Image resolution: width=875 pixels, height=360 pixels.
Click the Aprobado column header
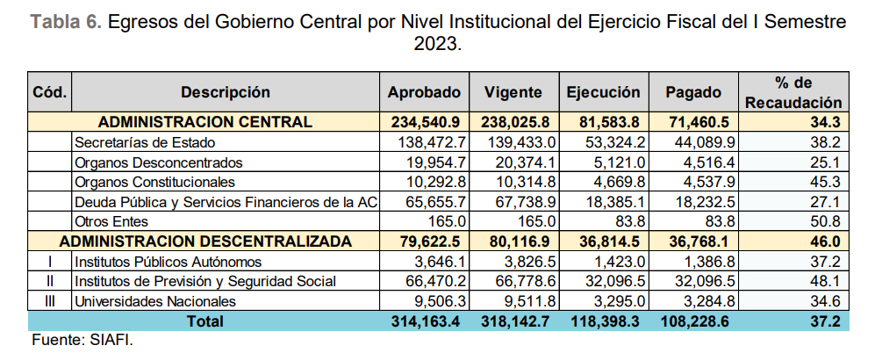[424, 92]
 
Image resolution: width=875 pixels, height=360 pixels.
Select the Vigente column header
[513, 92]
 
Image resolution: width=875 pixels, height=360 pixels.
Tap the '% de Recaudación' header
[794, 92]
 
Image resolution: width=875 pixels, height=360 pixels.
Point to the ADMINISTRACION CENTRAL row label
[204, 122]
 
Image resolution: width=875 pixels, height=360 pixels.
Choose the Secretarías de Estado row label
[145, 141]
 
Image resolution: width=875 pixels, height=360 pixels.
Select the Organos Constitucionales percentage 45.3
[826, 182]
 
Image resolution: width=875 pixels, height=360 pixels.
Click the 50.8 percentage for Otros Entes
[826, 221]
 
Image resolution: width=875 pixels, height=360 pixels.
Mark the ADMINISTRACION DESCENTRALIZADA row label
[204, 241]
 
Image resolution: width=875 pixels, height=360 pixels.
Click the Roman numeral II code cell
[49, 281]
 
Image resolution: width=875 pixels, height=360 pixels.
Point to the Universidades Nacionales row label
[150, 301]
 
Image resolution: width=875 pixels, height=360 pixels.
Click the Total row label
[204, 321]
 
